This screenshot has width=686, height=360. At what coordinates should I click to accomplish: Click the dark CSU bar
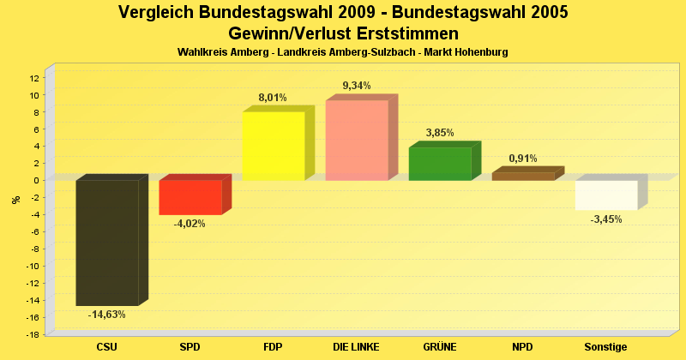point(107,242)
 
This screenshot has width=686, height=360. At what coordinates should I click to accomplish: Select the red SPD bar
point(190,197)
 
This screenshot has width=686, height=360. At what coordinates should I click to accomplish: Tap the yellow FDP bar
point(274,146)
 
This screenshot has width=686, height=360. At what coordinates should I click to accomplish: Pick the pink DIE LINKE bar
point(357,140)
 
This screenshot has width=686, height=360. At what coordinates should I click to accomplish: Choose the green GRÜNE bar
point(440,164)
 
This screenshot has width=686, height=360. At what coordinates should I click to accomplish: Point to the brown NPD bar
point(523,176)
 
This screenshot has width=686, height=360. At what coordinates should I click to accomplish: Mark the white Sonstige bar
point(606,195)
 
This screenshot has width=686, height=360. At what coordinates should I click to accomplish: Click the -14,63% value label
point(107,315)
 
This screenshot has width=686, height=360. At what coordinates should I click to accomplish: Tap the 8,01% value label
point(273,98)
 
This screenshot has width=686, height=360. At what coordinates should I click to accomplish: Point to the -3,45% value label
point(606,219)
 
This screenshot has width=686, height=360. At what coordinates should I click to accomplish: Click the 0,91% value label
point(523,159)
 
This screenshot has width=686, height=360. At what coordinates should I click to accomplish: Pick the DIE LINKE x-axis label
point(357,347)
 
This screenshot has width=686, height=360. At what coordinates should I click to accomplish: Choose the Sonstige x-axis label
point(606,347)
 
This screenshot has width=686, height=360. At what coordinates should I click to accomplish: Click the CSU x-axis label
point(107,347)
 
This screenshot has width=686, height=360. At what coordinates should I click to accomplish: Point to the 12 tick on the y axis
point(34,78)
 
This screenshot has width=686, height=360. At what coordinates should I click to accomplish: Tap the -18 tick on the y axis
point(33,334)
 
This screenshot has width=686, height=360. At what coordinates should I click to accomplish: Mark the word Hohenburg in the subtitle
point(478,52)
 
